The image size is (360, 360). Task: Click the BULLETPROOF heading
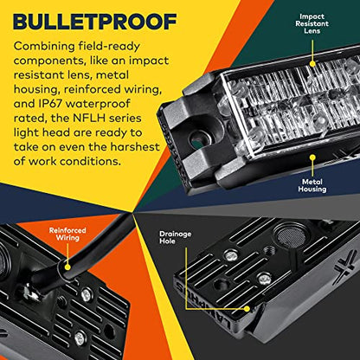[95, 22]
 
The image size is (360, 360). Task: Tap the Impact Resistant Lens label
[312, 23]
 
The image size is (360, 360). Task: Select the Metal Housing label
[312, 185]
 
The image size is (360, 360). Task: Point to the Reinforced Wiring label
[67, 234]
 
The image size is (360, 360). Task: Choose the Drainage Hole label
[176, 237]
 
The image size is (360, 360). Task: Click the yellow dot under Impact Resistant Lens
[312, 64]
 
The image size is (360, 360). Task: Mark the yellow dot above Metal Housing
[312, 157]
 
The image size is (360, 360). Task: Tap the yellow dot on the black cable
[67, 267]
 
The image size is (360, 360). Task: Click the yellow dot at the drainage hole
[247, 309]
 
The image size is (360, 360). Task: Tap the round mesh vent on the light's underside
[291, 237]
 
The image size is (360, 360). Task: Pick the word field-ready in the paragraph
[110, 47]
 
